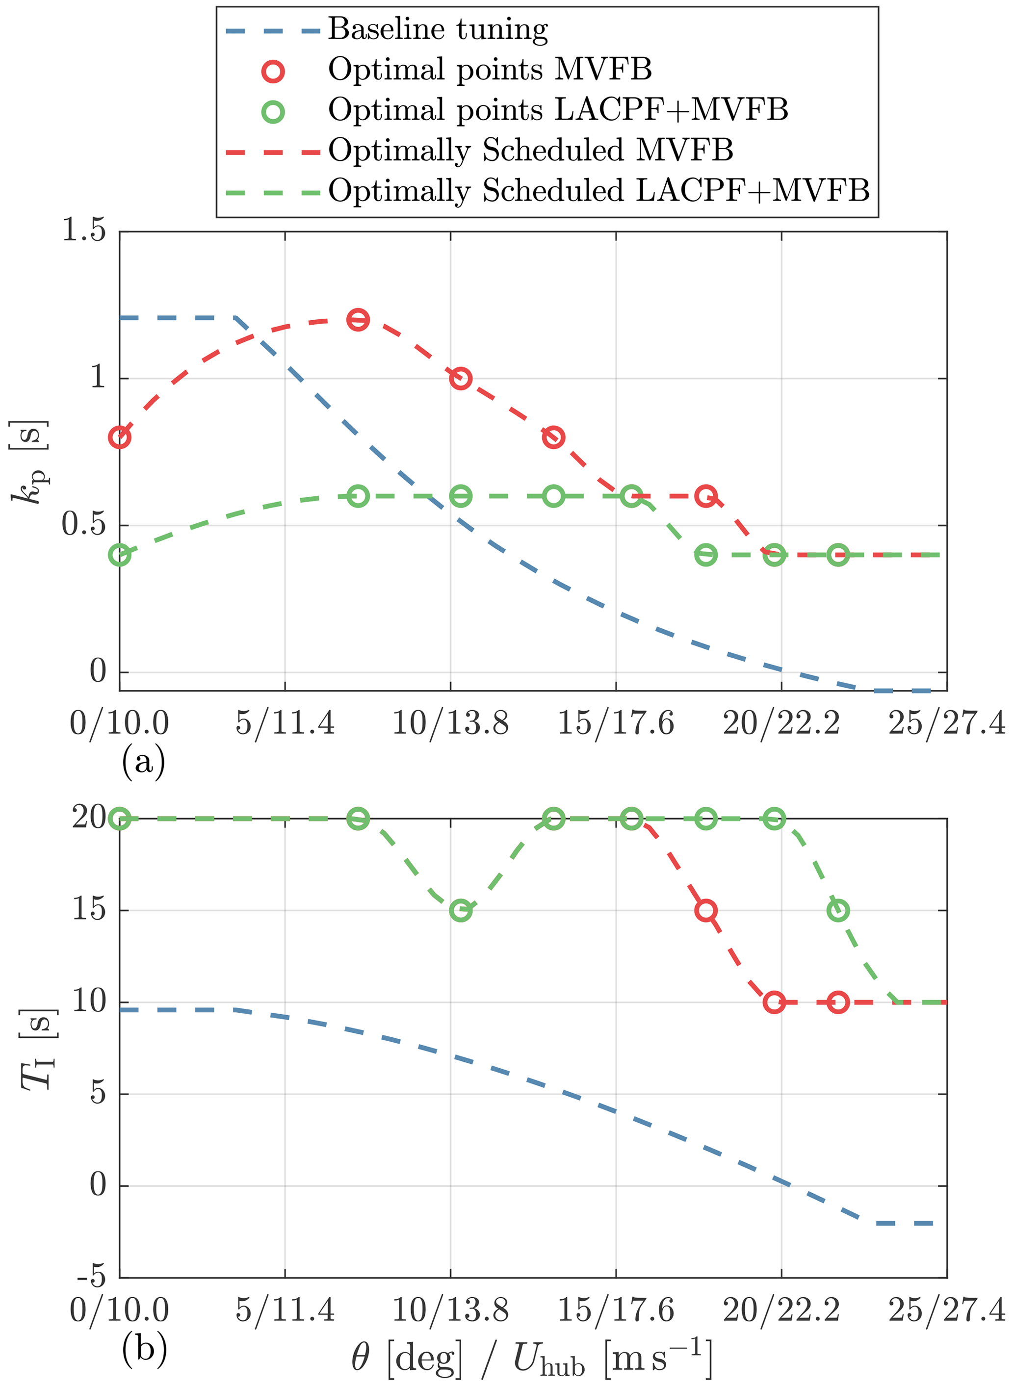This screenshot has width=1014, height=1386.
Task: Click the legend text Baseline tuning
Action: [438, 29]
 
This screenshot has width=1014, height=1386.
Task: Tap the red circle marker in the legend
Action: [273, 71]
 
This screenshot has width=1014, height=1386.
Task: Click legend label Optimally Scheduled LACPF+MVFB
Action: [598, 191]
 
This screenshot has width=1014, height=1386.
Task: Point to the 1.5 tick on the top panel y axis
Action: [84, 231]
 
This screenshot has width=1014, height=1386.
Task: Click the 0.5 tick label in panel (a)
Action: [84, 525]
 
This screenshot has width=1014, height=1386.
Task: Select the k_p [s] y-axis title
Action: [29, 462]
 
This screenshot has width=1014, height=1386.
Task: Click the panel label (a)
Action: [144, 762]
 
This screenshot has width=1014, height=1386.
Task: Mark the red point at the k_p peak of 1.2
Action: [358, 320]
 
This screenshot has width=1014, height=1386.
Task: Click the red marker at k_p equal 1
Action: [460, 379]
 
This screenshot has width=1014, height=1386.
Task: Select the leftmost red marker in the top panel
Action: [120, 437]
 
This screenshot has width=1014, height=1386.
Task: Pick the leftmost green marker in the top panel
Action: [120, 555]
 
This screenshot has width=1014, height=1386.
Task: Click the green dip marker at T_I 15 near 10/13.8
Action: [460, 910]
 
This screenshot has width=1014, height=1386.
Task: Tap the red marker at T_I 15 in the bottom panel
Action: [706, 910]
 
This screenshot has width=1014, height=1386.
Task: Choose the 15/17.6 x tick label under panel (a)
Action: [616, 723]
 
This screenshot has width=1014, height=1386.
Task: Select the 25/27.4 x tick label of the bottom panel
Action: [946, 1310]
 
